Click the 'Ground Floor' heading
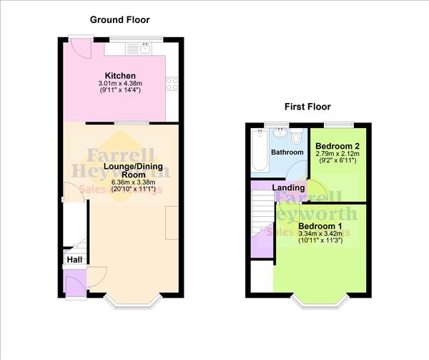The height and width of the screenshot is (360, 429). tap(119, 19)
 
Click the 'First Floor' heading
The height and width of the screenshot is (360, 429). tap(307, 107)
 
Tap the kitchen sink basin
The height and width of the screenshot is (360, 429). tap(145, 49)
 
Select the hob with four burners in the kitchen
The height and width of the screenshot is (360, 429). tap(172, 84)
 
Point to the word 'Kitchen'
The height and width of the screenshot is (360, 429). tap(120, 76)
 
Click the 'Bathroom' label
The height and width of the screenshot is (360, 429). tap(287, 152)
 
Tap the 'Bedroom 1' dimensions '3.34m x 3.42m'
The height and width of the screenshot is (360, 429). tap(320, 234)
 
